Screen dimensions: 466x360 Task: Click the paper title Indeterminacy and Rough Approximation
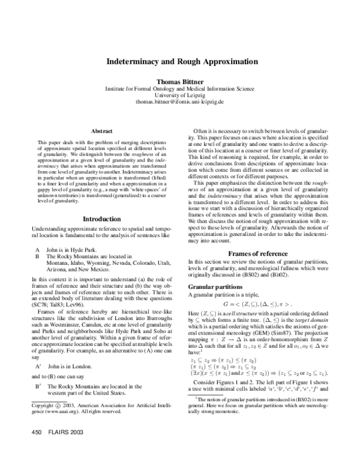179,62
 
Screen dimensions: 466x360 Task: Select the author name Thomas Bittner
179,81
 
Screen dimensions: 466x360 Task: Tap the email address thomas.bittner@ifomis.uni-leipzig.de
179,103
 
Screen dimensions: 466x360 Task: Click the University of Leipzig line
179,95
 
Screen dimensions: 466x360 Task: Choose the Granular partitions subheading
217,287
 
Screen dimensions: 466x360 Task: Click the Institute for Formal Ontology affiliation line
179,88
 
